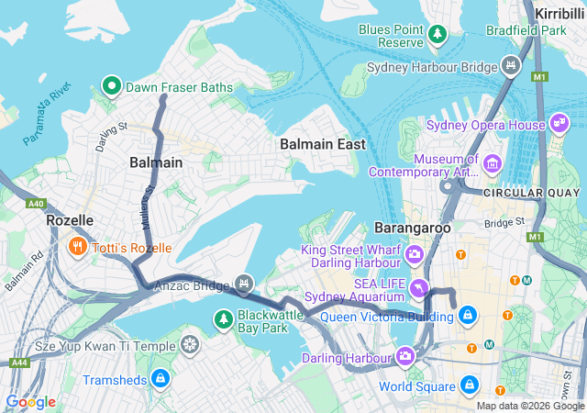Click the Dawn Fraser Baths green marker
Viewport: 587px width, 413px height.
click(x=112, y=87)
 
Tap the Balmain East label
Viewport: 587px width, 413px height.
click(x=322, y=144)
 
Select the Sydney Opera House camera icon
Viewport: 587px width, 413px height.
click(x=559, y=124)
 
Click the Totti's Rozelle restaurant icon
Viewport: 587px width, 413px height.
click(x=77, y=247)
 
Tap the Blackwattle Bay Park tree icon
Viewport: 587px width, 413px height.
click(x=223, y=319)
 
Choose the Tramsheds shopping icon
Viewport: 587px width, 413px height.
click(x=161, y=378)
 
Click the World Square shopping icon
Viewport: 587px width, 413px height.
click(x=469, y=384)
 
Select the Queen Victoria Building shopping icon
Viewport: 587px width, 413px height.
click(x=468, y=316)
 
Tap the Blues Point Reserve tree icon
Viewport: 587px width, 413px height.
click(x=437, y=35)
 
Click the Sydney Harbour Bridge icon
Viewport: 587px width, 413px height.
click(x=511, y=66)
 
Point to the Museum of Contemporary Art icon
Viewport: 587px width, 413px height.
click(x=493, y=164)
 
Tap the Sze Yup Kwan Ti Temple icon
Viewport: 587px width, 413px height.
click(x=189, y=346)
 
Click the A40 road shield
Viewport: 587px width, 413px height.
click(x=37, y=204)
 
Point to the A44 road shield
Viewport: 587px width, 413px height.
click(x=18, y=363)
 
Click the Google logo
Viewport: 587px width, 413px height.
click(x=30, y=402)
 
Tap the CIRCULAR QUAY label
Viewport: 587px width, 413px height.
click(x=532, y=193)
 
